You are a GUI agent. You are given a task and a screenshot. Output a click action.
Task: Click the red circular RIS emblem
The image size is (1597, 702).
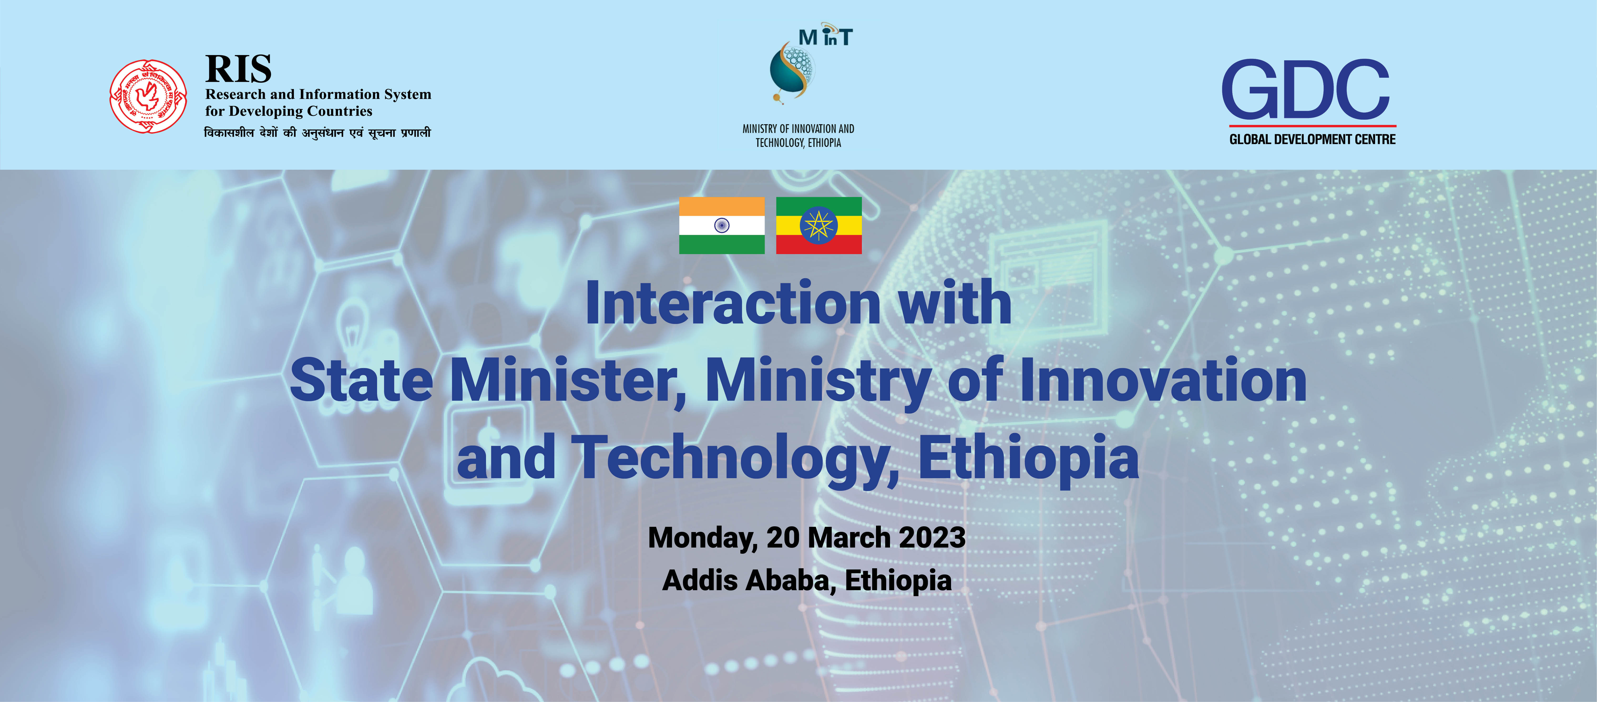tap(148, 97)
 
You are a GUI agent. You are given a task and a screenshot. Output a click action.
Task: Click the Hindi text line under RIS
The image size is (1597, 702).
tap(317, 133)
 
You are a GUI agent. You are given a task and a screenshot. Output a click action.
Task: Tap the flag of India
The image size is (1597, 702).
tap(722, 225)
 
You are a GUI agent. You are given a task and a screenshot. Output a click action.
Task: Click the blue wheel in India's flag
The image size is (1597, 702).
tap(722, 225)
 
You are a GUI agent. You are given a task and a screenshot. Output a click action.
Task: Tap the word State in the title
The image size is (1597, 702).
tap(361, 380)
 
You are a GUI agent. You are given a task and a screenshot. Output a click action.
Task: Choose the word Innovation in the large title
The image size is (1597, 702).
tap(1164, 380)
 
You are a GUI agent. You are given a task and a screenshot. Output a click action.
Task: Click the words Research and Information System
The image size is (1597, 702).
tap(318, 94)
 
